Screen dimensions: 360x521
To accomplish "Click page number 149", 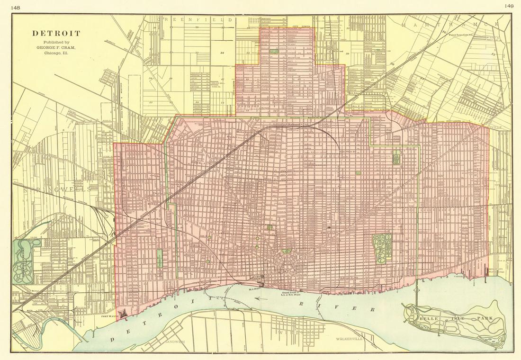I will click(x=509, y=6).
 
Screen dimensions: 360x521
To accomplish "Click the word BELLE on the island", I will click(x=429, y=319).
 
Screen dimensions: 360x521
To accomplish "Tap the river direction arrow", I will click(x=260, y=299).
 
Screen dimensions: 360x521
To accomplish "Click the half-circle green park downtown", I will click(x=286, y=252).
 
